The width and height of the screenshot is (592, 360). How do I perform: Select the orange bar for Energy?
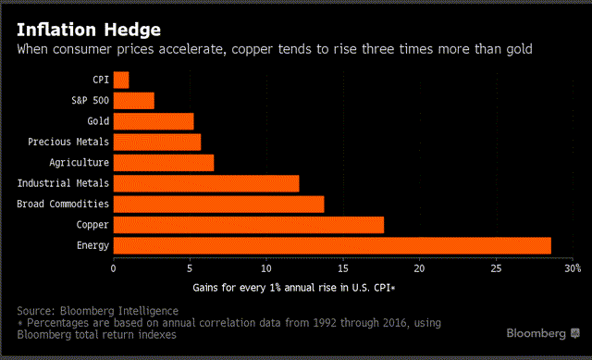click(332, 245)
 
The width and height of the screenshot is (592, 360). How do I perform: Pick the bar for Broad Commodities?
click(218, 204)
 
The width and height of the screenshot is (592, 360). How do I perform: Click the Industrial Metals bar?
click(206, 183)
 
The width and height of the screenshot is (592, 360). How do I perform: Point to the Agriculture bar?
click(164, 163)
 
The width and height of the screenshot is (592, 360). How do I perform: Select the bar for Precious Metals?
click(157, 142)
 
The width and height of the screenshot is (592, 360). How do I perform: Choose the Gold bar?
click(154, 121)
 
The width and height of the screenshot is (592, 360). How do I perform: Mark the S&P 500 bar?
click(134, 101)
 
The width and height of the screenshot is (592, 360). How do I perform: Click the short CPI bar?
click(121, 80)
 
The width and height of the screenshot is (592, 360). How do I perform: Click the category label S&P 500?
click(88, 101)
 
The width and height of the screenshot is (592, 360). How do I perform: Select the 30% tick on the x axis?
click(573, 268)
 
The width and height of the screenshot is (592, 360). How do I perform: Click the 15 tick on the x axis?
click(343, 268)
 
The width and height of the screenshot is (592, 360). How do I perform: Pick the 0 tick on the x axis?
click(114, 268)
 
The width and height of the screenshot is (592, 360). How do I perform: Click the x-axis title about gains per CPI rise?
click(294, 288)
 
